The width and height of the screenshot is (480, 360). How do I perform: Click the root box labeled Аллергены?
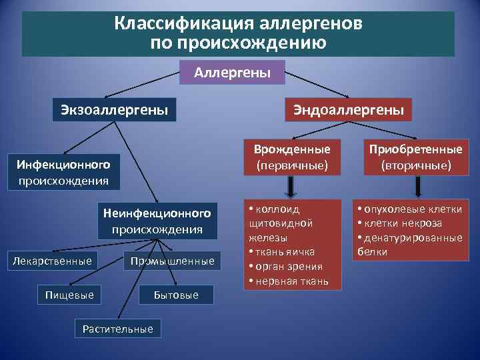[232, 72]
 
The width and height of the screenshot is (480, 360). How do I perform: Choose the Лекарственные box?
[53, 261]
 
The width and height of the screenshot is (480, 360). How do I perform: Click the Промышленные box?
[173, 261]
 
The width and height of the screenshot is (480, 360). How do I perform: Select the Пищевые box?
[69, 294]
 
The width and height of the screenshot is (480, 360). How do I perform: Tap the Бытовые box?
[176, 294]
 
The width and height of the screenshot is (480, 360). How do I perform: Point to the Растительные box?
[117, 328]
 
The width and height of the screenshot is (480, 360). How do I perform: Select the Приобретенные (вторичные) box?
[416, 157]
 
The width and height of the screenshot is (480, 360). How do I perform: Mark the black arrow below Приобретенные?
[415, 185]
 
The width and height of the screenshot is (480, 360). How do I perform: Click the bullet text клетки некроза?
[404, 223]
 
